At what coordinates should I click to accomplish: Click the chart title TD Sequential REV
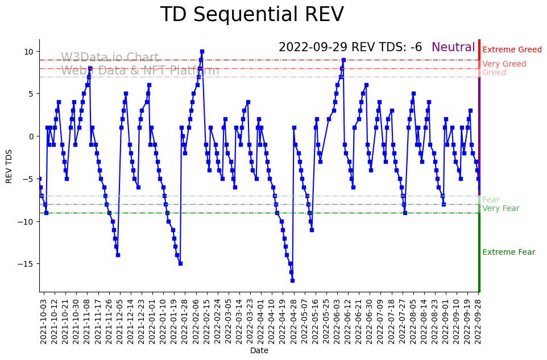tap(252, 15)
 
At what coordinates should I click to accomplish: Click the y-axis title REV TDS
tap(9, 165)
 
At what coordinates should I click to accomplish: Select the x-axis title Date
tap(259, 351)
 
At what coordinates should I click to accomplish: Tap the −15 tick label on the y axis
tap(27, 264)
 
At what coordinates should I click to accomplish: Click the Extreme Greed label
tap(512, 50)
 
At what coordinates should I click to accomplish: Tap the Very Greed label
tap(504, 64)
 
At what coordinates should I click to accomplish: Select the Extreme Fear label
tap(508, 253)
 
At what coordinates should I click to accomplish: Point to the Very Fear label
tap(500, 209)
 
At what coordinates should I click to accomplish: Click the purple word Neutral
tap(453, 48)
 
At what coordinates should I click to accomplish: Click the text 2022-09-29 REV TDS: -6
tap(350, 48)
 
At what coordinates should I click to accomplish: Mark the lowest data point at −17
tap(292, 280)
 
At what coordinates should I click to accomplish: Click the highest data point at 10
tap(202, 51)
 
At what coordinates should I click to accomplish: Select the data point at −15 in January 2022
tap(180, 263)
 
